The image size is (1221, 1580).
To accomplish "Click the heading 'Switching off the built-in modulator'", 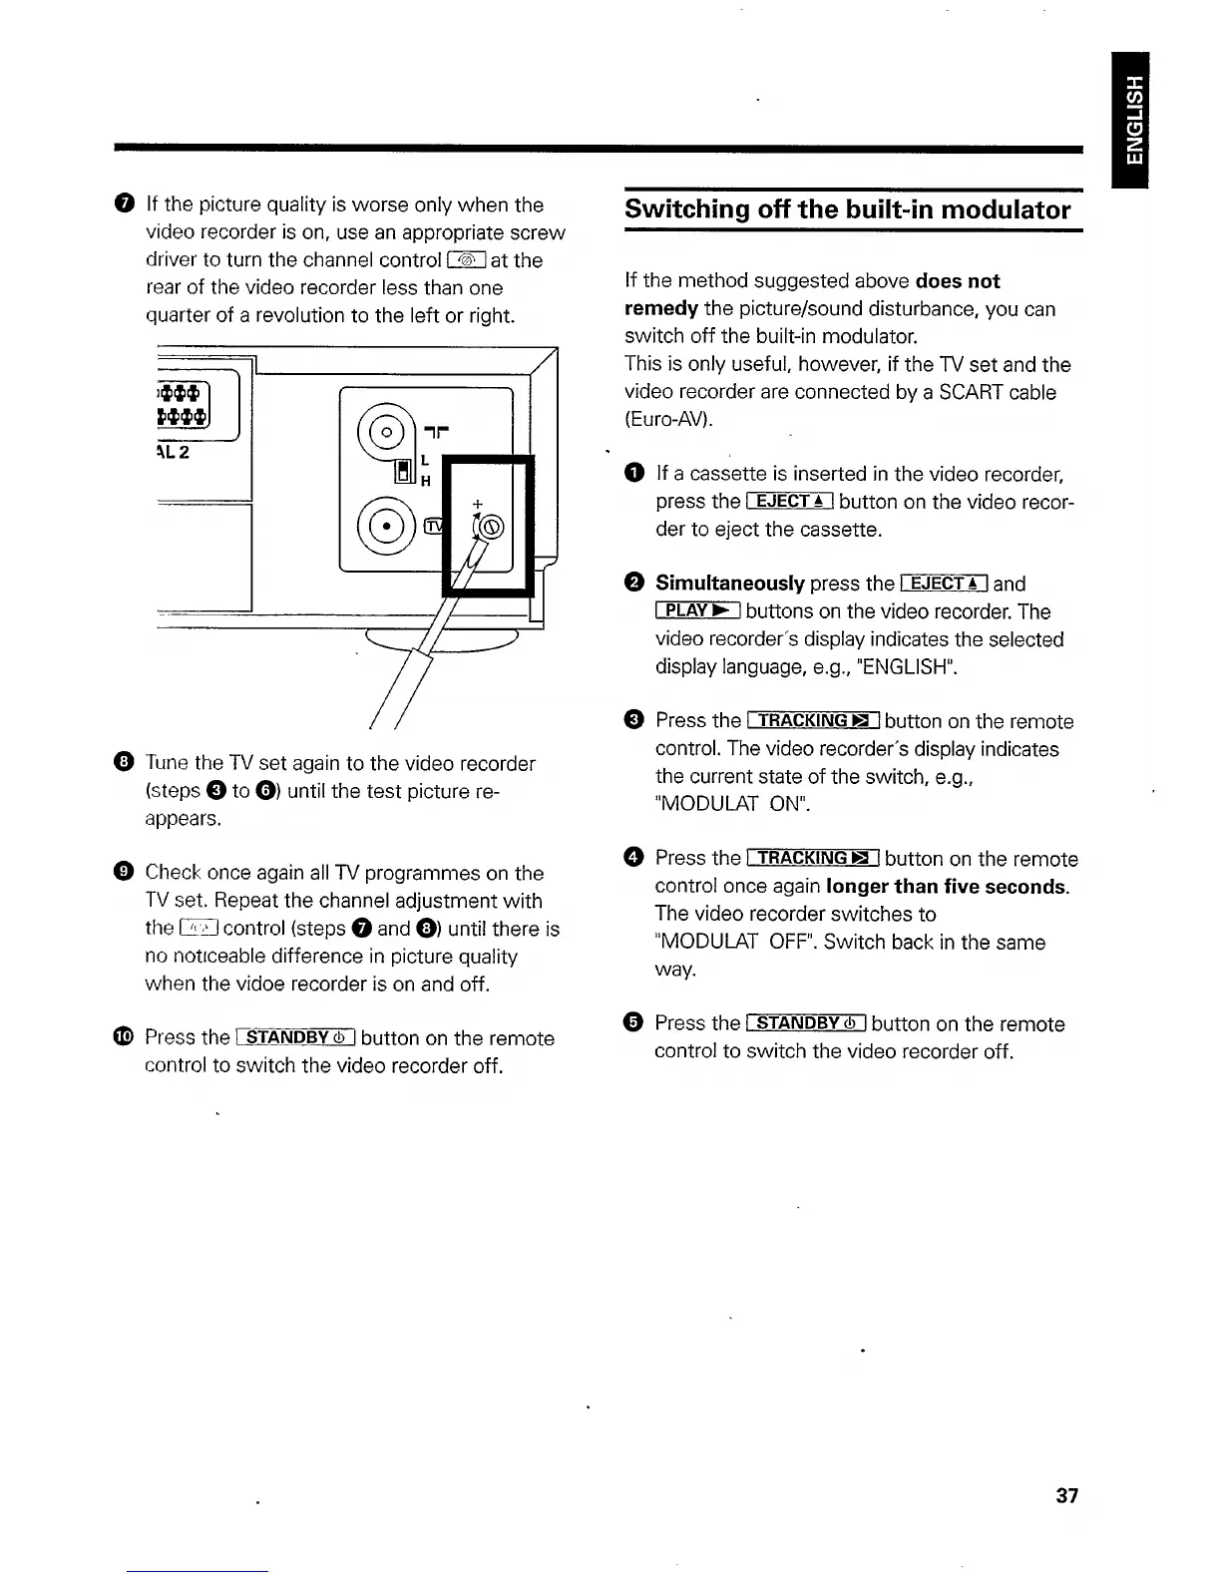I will click(847, 209).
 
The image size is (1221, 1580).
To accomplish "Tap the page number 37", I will click(1066, 1495).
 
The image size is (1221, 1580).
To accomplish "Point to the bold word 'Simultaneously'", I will click(729, 583).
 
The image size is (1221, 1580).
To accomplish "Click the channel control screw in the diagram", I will click(493, 528).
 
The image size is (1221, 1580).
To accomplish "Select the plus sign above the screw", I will click(477, 503).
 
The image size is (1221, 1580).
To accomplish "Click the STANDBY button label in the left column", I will click(295, 1037).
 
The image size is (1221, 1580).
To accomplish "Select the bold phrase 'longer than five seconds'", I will click(947, 886).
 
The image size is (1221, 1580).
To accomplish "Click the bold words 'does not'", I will click(957, 280).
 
